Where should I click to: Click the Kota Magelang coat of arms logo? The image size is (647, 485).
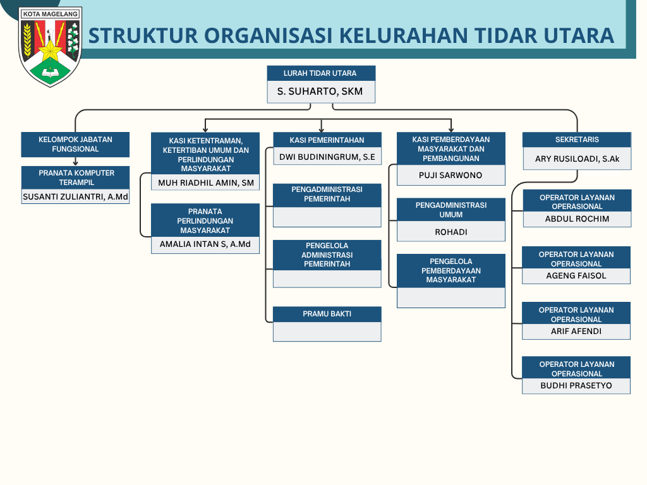tap(51, 47)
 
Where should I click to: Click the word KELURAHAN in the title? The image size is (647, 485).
tap(403, 35)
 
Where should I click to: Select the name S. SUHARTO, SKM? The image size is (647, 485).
tap(320, 91)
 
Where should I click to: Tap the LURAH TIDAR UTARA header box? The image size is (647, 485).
tap(321, 73)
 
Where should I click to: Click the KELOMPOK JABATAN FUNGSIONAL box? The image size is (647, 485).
tap(75, 145)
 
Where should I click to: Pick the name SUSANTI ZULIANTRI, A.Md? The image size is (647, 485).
tap(75, 197)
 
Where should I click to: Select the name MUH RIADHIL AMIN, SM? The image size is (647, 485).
tap(206, 183)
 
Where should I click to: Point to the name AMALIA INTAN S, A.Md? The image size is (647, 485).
tap(205, 244)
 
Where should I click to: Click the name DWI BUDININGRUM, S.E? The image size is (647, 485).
tap(327, 157)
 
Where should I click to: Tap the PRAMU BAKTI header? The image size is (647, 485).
tap(327, 314)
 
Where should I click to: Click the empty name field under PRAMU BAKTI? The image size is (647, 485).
tap(327, 332)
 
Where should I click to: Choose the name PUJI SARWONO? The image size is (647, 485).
tap(450, 176)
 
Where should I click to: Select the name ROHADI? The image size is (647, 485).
tap(451, 232)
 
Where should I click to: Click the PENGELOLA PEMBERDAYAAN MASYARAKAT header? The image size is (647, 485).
tap(451, 270)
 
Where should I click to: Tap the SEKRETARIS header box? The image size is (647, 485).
tap(577, 140)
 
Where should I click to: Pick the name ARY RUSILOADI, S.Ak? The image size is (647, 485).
tap(577, 159)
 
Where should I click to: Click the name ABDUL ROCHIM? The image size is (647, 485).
tap(577, 219)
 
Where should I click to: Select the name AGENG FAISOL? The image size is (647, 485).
tap(576, 275)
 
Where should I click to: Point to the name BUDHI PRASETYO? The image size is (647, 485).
tap(576, 386)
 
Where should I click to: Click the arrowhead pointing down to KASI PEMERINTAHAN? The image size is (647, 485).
tap(322, 129)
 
